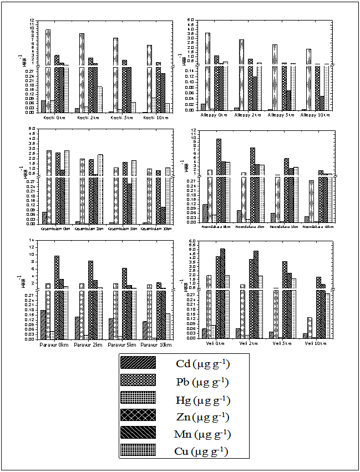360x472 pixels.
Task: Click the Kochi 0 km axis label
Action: (x=54, y=117)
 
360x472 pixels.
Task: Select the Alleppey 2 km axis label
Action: (x=248, y=115)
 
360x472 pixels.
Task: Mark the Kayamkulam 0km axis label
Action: (x=56, y=229)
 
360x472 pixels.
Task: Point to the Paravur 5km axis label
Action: (x=123, y=345)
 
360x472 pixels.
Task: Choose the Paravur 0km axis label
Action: (x=54, y=345)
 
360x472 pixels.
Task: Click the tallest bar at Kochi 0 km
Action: (x=48, y=67)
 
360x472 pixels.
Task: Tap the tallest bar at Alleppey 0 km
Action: (x=207, y=69)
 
